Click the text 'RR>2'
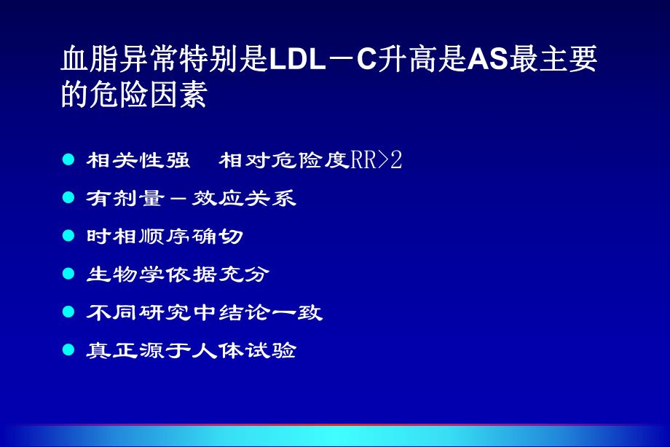pos(377,160)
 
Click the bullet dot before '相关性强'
pos(69,159)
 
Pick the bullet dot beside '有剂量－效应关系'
pos(69,198)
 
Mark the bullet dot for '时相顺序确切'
pos(69,236)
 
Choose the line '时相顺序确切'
pos(165,237)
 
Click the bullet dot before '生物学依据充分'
pos(69,274)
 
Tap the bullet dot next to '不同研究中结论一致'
pos(69,312)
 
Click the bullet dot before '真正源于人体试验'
pos(69,349)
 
